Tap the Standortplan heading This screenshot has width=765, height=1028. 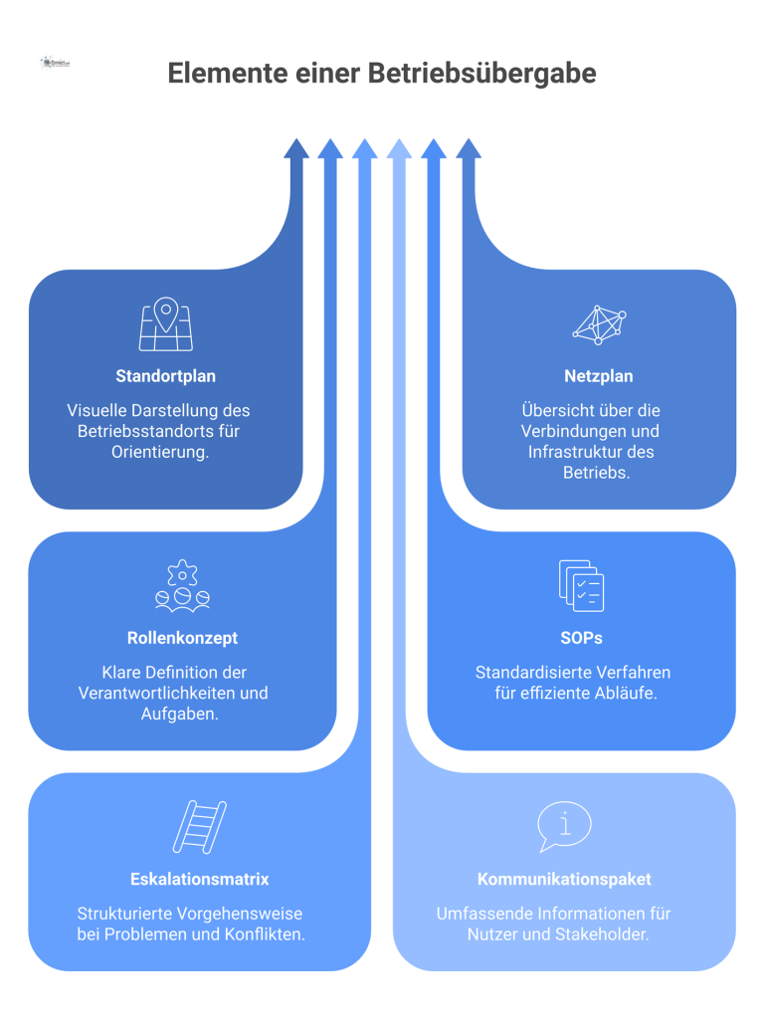165,376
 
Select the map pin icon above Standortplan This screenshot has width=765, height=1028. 165,323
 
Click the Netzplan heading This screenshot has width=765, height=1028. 598,376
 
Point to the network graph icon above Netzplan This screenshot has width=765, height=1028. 599,323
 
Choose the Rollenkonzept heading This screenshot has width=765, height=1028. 182,638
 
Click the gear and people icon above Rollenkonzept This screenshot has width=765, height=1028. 182,585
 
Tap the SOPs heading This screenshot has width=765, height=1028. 581,638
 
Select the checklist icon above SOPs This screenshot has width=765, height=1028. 581,585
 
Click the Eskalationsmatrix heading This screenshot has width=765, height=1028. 199,879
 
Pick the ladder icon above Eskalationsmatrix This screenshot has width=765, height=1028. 199,826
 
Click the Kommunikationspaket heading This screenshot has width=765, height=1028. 564,879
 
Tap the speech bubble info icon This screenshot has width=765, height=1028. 564,825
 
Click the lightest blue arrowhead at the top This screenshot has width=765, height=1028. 399,149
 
